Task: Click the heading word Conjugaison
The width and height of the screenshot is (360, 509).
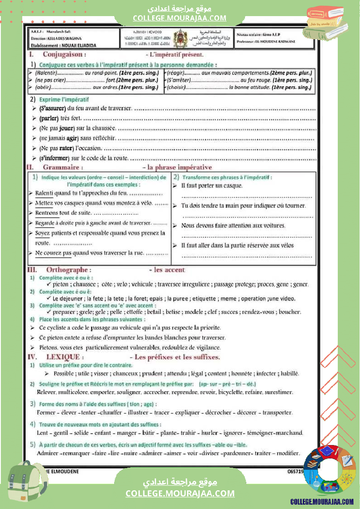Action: point(64,55)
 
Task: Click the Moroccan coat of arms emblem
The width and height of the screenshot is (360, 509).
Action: point(179,39)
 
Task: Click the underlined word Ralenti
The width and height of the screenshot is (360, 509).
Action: point(44,193)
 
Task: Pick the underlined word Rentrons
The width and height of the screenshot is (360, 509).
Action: point(47,213)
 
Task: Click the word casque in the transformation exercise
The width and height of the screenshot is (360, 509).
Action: point(234,186)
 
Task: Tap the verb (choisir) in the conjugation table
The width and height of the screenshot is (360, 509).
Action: point(176,88)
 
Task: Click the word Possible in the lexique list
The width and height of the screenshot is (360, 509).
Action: point(64,374)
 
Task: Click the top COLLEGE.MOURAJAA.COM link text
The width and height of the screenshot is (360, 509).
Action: point(180,18)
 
